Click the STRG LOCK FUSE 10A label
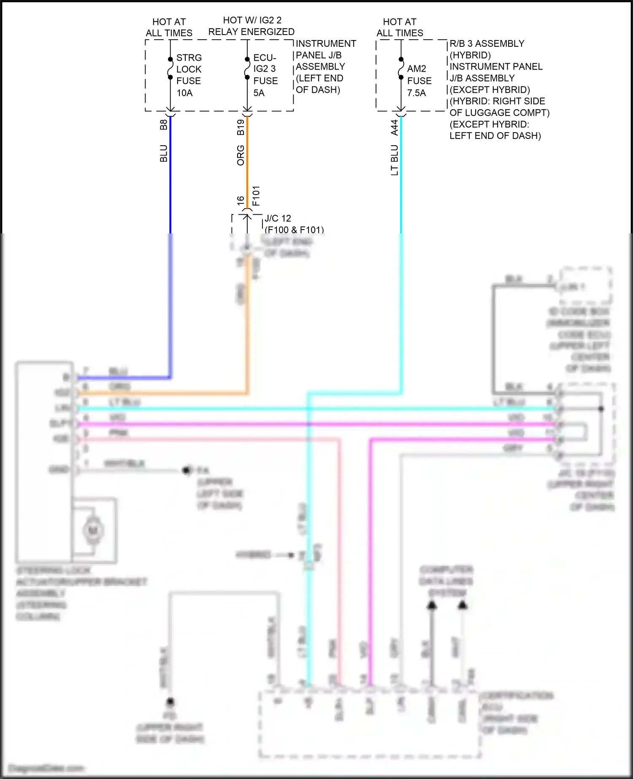pyautogui.click(x=188, y=75)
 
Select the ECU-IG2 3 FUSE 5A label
pyautogui.click(x=265, y=75)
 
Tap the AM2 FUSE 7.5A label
pyautogui.click(x=419, y=81)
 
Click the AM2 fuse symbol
pyautogui.click(x=401, y=68)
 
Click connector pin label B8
pyautogui.click(x=164, y=124)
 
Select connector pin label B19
pyautogui.click(x=241, y=127)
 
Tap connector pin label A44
pyautogui.click(x=394, y=127)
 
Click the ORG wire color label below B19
pyautogui.click(x=241, y=155)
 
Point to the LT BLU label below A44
pyautogui.click(x=394, y=160)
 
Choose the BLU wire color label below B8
pyautogui.click(x=164, y=154)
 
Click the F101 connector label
pyautogui.click(x=256, y=196)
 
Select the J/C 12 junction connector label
pyautogui.click(x=278, y=219)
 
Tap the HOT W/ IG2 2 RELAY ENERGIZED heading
pyautogui.click(x=252, y=26)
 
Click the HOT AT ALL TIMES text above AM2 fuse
pyautogui.click(x=400, y=27)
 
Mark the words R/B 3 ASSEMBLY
pyautogui.click(x=487, y=44)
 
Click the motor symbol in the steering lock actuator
pyautogui.click(x=93, y=530)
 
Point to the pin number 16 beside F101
pyautogui.click(x=241, y=200)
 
